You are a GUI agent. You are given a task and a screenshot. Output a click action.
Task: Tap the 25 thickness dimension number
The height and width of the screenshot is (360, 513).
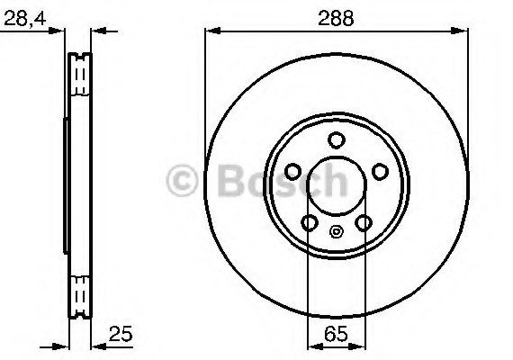coord(121,334)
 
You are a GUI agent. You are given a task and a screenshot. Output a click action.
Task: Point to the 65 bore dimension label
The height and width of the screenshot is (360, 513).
coord(337,334)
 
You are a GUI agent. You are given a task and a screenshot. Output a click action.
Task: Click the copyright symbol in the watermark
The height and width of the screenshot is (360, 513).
coord(185,183)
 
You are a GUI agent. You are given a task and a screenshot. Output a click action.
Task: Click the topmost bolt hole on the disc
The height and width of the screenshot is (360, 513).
coord(337,139)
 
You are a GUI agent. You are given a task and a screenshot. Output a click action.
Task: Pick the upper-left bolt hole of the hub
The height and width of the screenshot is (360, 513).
coord(293,171)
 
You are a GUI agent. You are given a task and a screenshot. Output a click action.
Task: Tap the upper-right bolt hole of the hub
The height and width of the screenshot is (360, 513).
coord(380,171)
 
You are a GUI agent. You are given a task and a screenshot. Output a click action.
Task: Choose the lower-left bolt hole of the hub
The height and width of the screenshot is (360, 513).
coord(310,222)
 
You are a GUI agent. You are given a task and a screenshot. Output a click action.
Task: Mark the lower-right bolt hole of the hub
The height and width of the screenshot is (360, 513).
coord(364,222)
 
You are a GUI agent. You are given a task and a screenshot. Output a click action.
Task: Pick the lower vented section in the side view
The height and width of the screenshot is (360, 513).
coord(80,292)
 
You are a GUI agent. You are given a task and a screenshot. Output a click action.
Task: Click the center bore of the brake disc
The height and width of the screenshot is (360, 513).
coord(337,184)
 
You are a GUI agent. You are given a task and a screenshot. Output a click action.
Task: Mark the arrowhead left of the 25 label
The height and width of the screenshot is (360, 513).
coord(97,345)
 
